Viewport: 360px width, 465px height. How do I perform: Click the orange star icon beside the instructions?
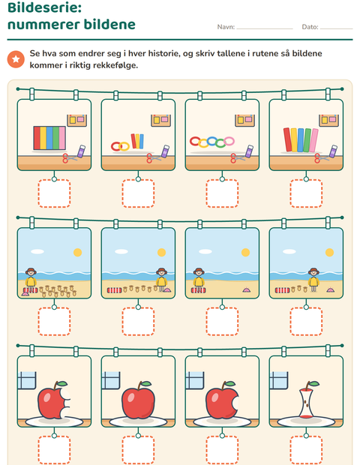point(16,59)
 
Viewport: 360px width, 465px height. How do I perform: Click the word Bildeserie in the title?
point(44,7)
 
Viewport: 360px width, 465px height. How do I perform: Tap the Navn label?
point(226,27)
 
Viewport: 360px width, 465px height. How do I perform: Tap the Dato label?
point(310,27)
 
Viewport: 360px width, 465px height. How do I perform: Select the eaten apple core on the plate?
point(307,400)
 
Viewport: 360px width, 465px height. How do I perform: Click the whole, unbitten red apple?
point(139,400)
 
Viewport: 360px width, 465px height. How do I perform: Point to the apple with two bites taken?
point(54,400)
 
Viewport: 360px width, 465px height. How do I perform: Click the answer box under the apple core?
point(306,450)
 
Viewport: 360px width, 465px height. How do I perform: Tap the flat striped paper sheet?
point(49,138)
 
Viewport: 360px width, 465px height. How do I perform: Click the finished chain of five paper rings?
point(212,142)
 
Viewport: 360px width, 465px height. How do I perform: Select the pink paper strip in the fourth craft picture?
point(313,140)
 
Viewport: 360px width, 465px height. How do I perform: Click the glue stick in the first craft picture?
point(81,151)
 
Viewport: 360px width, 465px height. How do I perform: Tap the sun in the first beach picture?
point(78,252)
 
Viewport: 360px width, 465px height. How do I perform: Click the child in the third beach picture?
point(199,280)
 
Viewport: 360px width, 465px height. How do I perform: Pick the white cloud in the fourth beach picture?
point(289,251)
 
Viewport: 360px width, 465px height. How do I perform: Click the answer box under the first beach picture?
point(54,322)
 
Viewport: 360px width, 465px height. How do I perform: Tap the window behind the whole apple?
point(111,380)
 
